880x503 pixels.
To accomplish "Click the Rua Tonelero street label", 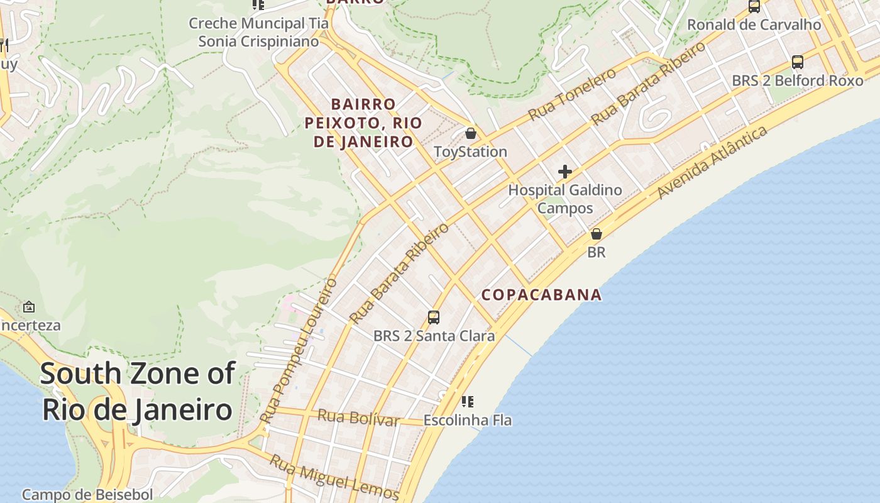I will coord(573,94).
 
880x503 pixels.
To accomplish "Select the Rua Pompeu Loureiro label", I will coord(298,351).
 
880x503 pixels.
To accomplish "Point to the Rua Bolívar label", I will coord(358,417).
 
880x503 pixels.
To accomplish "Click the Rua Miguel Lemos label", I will coord(334,477).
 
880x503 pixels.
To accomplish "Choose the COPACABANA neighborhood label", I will coord(542,295).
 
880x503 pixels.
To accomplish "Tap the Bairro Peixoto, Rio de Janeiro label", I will coord(363,123).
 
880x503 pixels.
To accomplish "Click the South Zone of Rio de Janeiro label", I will coord(137,392).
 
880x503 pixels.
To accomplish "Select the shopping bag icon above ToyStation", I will coord(470,133).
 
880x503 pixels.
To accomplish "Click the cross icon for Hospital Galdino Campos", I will coord(564,171).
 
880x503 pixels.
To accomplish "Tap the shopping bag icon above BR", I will coord(596,234).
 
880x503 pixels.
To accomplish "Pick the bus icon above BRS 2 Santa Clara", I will coord(434,317).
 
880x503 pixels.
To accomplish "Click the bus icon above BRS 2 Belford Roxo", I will coord(797,62).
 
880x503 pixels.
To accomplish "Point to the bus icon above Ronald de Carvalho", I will coord(754,6).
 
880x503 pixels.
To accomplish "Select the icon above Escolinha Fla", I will coord(467,401).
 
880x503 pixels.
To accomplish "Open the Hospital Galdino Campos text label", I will coord(564,199).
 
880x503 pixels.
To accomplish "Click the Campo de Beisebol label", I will coord(87,495).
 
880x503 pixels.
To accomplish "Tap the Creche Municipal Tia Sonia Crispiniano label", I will coord(258,33).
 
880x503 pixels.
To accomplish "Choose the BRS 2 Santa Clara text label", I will coord(434,336).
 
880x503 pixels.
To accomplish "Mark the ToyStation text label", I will coord(470,152).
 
